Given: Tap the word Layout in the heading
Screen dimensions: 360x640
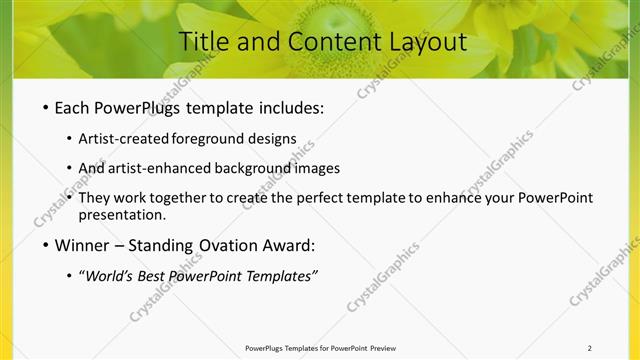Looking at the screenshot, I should pos(420,42).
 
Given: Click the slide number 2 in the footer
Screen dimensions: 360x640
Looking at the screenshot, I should pos(590,348).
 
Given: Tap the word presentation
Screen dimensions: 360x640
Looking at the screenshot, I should pos(121,214).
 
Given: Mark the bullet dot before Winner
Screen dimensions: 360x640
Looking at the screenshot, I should pos(45,245).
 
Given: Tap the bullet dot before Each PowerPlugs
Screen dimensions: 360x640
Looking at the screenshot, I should pos(45,106).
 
